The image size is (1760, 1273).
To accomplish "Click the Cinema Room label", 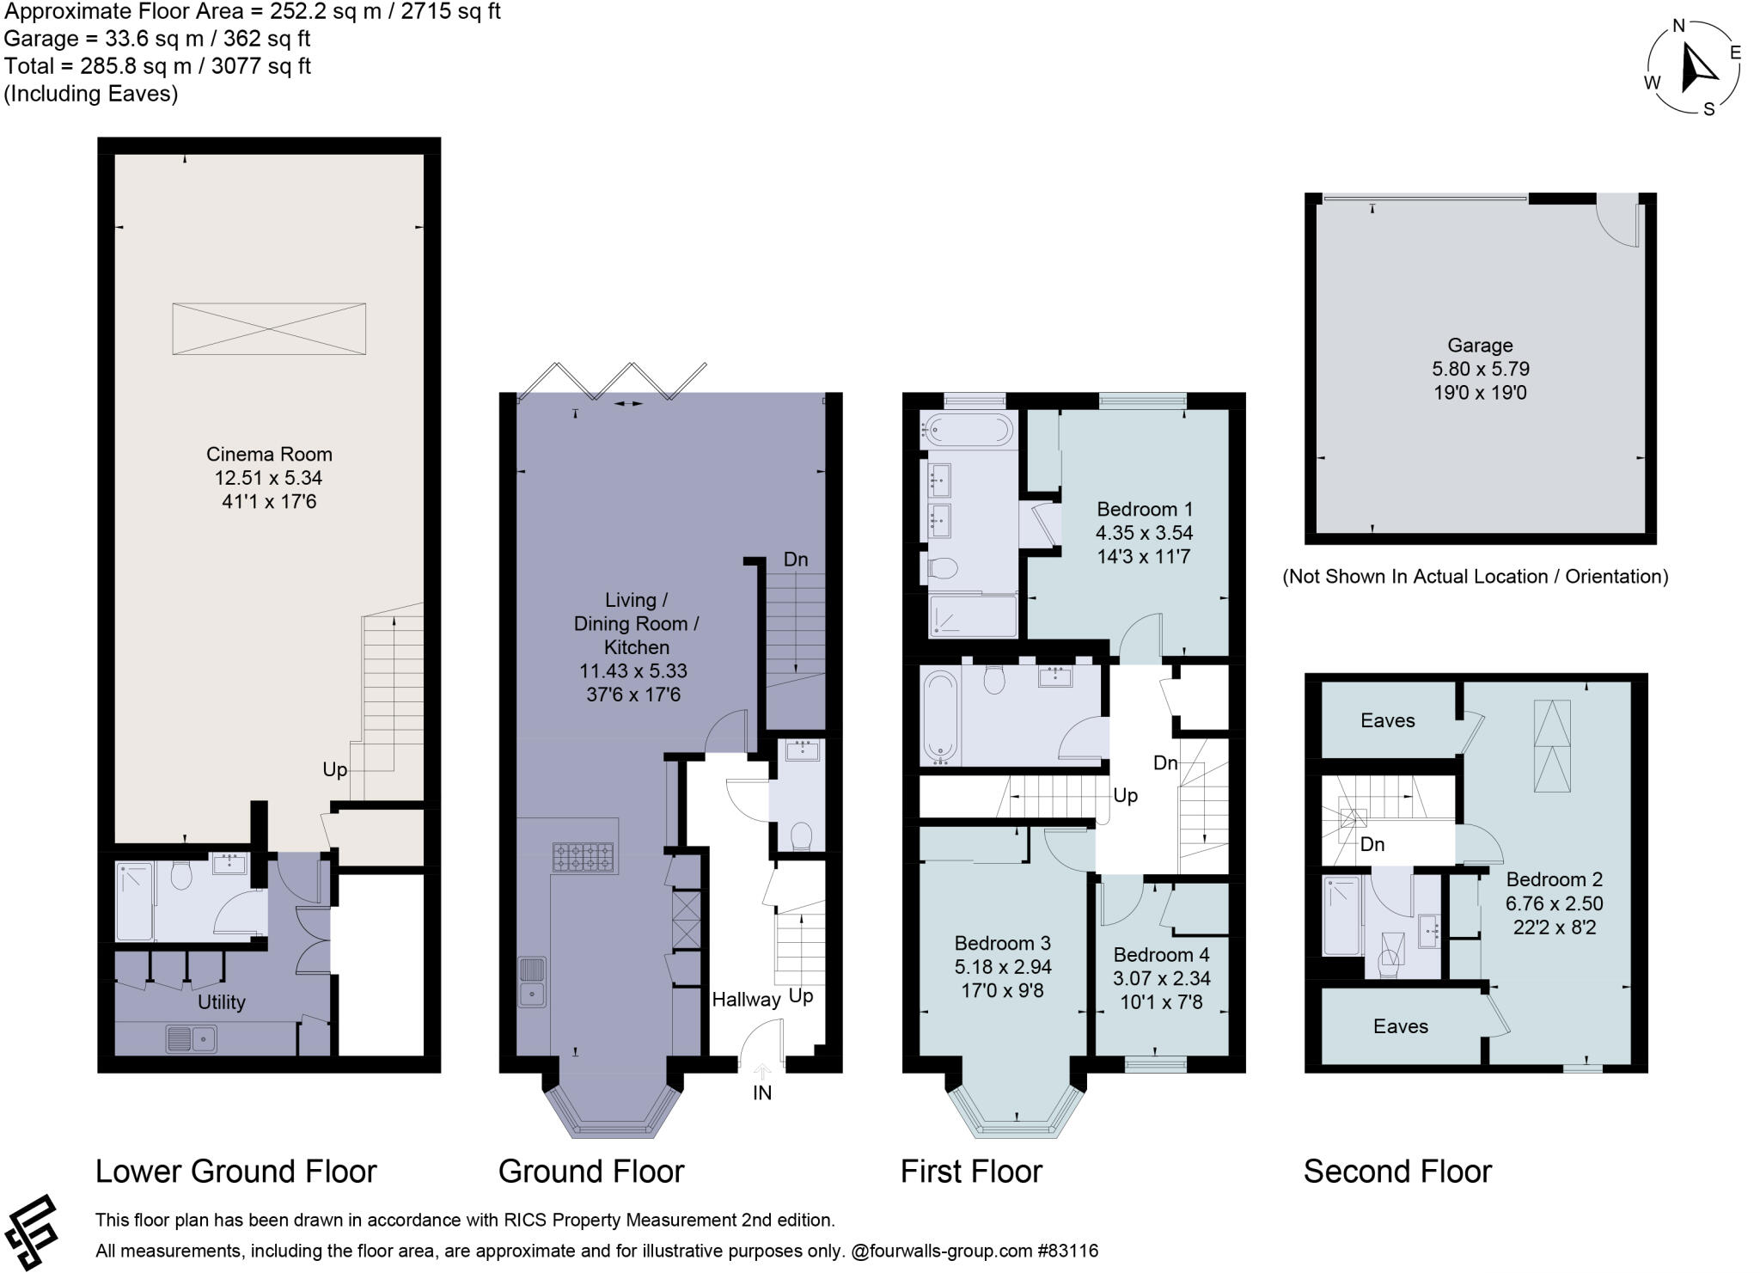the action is (269, 454).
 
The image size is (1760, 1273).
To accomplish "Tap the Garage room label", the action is (1480, 346).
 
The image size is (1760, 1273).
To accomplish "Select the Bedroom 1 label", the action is (1145, 509).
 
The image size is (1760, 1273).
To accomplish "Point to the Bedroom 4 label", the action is (1161, 955).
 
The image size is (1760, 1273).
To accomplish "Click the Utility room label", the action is (222, 1002).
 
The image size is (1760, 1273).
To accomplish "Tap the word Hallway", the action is (746, 1000).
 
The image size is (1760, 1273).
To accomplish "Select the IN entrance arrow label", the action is (762, 1092).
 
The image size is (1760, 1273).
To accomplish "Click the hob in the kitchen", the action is (584, 857).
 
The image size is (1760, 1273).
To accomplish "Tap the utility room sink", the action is (192, 1039).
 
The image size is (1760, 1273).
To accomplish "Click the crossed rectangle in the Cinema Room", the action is (269, 328).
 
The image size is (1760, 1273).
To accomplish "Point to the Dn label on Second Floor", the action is (1372, 845).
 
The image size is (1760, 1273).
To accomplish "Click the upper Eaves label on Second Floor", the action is (1388, 720).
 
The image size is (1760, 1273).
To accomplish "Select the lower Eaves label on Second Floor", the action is (1401, 1026).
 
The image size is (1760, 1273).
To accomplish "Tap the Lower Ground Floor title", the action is (236, 1172).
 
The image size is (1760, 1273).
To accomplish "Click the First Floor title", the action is (971, 1172).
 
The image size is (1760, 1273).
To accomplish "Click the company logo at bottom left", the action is (30, 1232).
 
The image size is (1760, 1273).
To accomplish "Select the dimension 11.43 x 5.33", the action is (637, 671).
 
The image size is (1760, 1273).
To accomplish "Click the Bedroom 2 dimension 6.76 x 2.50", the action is (1555, 904).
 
